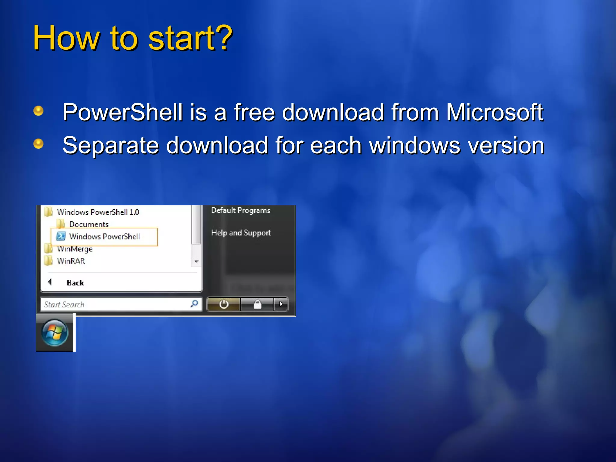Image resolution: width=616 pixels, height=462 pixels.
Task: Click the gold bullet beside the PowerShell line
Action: [38, 111]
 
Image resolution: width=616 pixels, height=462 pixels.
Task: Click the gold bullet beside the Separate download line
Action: [38, 143]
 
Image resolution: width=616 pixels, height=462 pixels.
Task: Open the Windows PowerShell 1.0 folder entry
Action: [98, 212]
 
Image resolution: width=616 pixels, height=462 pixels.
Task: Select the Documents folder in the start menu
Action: [88, 224]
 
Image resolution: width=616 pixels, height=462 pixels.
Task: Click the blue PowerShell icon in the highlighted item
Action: [61, 236]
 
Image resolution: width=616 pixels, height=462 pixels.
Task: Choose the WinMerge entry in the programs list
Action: [75, 249]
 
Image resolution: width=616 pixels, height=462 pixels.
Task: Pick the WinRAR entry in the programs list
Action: [71, 261]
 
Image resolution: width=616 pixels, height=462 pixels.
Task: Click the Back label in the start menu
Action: [75, 283]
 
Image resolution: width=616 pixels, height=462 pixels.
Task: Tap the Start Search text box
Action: [114, 304]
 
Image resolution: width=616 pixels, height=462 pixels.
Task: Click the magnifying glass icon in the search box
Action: [194, 304]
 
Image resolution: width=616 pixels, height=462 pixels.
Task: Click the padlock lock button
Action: [257, 304]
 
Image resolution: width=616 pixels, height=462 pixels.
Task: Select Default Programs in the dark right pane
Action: [241, 211]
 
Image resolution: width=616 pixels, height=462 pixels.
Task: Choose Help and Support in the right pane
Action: [241, 233]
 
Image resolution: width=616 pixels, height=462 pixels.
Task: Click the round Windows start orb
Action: [55, 333]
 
